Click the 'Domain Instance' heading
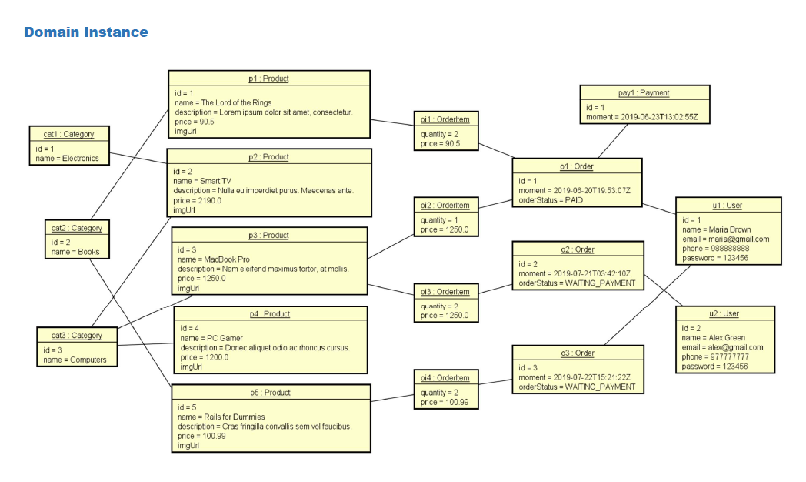[85, 32]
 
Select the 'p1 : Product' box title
[268, 79]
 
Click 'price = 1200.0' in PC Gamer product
[204, 357]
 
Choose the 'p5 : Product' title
[270, 393]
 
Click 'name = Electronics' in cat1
[67, 158]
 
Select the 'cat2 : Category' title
[76, 228]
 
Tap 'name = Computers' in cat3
[75, 360]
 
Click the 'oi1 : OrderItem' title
[445, 119]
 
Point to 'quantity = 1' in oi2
[440, 220]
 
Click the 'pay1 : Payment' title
[644, 93]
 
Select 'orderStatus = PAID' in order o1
[551, 200]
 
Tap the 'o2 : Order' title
[577, 249]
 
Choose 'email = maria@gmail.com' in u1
[725, 239]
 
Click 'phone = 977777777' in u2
[715, 356]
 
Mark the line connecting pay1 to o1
[614, 141]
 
